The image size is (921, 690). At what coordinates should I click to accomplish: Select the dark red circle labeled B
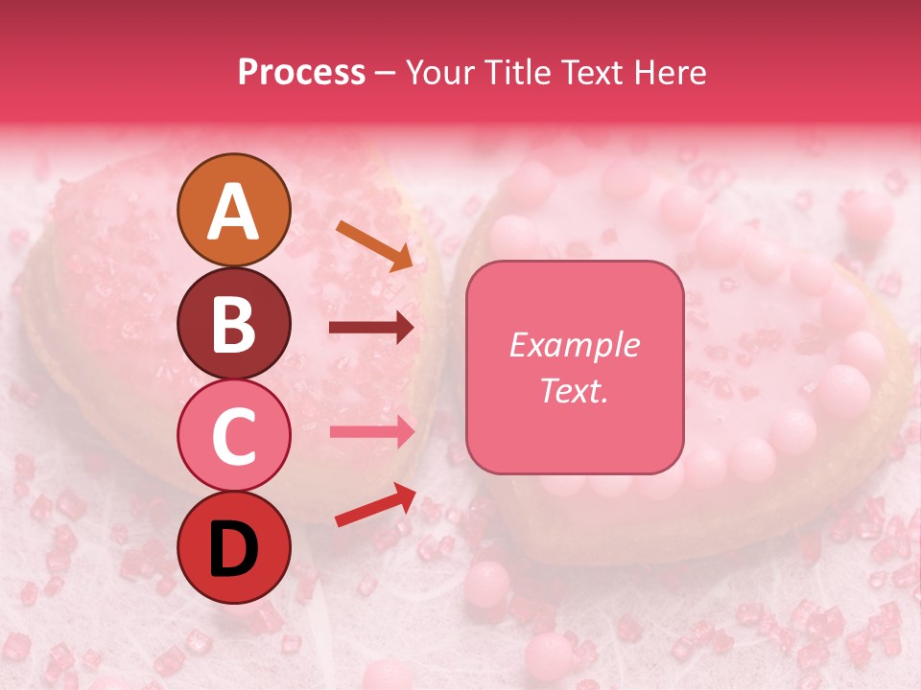point(233,323)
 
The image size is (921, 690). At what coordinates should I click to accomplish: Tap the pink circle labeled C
point(233,435)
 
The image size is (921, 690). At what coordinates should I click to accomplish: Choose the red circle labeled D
point(233,547)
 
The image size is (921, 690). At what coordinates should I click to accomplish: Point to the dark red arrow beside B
point(371,329)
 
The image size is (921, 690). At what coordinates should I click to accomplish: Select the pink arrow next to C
point(372,431)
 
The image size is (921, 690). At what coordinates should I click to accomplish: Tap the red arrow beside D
point(375,505)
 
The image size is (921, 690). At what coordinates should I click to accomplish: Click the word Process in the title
point(301,73)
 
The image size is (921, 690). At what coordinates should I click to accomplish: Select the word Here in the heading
point(671,73)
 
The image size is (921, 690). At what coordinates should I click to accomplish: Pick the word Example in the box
point(574,345)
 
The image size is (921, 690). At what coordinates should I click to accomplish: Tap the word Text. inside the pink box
point(574,391)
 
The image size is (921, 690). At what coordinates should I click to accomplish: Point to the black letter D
point(233,549)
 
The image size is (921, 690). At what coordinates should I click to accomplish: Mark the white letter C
point(233,437)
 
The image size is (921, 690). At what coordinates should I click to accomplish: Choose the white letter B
point(233,325)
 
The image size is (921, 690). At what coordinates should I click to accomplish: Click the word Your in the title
point(440,73)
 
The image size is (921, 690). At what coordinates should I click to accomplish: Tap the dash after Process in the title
point(386,73)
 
